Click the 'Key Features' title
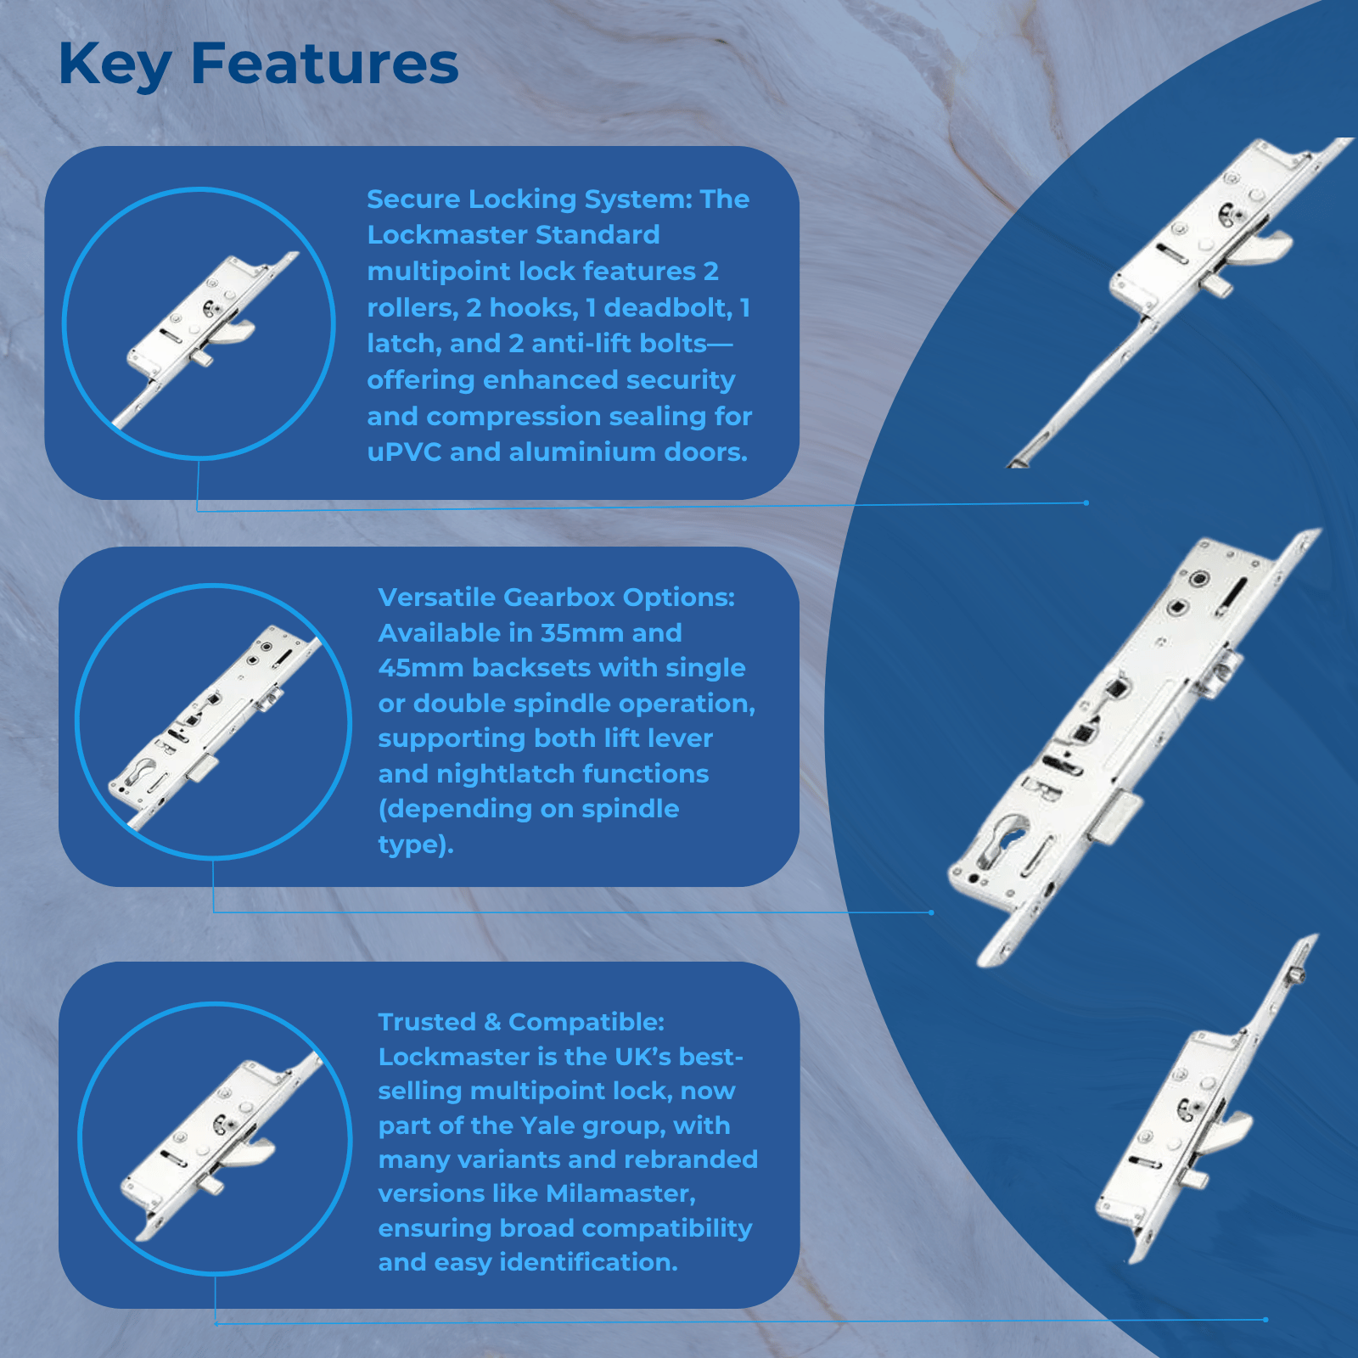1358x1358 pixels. (x=259, y=65)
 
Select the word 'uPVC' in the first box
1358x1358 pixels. (x=404, y=452)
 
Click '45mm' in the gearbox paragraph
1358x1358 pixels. (x=421, y=668)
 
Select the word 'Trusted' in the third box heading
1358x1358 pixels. (x=427, y=1022)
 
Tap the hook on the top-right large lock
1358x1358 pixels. (x=1268, y=248)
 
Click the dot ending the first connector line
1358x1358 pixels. (x=1086, y=502)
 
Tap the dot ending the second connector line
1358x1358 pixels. (x=931, y=912)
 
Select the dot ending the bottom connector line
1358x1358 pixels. (x=1265, y=1320)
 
